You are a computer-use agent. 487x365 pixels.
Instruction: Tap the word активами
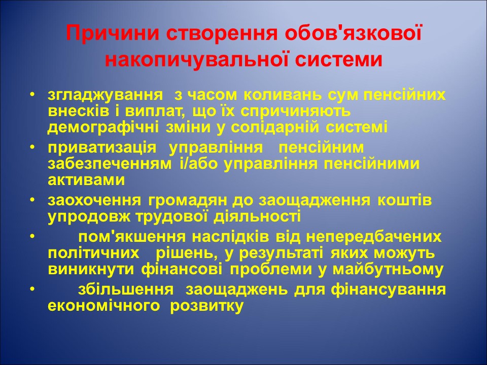click(x=86, y=179)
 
